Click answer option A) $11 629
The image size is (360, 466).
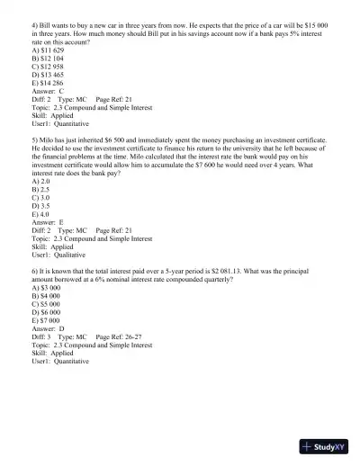47,49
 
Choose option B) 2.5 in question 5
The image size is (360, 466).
40,189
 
